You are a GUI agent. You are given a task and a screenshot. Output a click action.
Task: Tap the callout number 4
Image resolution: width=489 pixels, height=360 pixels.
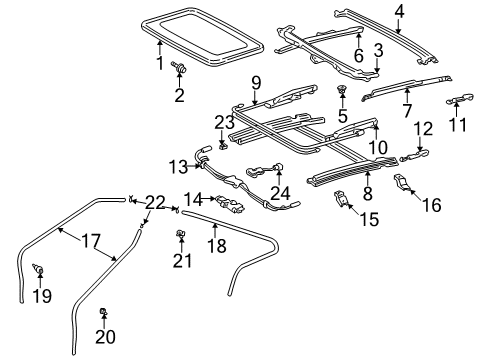[399, 13]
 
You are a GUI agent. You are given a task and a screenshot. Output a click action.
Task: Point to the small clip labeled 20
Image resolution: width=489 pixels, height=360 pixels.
[103, 317]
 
